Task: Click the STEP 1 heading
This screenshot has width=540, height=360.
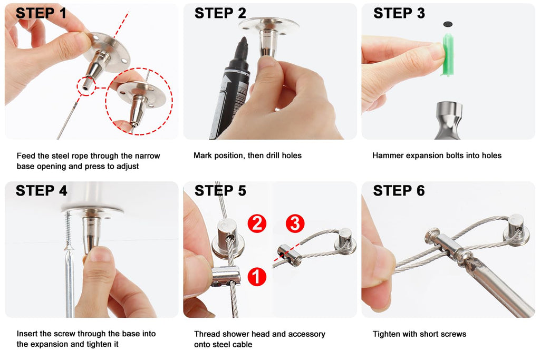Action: pos(41,13)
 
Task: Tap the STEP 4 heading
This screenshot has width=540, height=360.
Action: pos(41,191)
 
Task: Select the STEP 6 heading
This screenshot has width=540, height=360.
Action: pos(399,191)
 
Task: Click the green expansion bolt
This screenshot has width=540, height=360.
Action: pos(448,54)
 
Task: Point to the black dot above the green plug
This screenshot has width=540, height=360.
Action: pos(447,24)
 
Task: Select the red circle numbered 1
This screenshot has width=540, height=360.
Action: pos(257,276)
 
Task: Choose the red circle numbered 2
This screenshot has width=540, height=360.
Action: pos(257,223)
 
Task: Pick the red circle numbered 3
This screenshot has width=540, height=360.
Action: pos(295,223)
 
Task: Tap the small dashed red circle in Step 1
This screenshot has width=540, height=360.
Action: pos(86,86)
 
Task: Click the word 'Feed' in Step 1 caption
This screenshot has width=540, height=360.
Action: pos(26,156)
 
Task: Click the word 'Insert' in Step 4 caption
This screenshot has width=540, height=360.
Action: pos(27,334)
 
